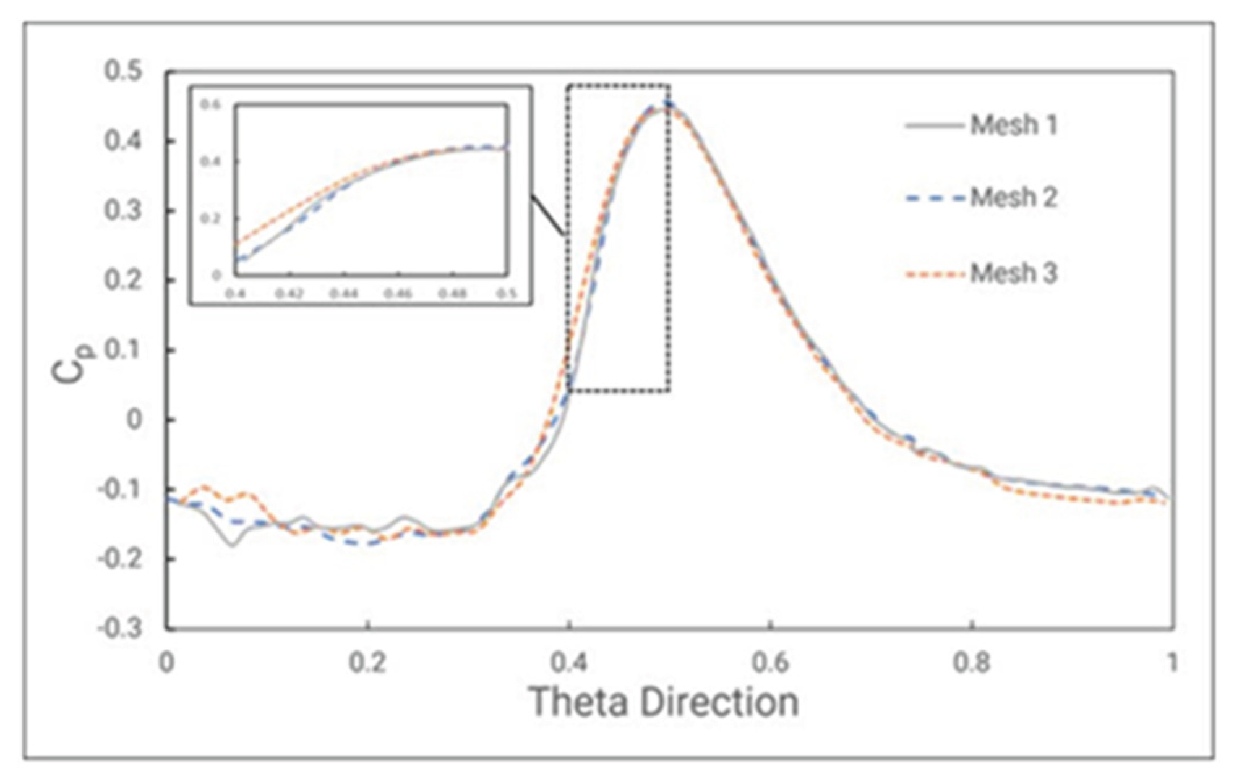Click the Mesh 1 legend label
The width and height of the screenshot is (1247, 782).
pyautogui.click(x=1013, y=125)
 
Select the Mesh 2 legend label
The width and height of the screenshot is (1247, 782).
pyautogui.click(x=1013, y=198)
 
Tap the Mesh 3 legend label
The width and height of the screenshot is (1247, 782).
pyautogui.click(x=1013, y=273)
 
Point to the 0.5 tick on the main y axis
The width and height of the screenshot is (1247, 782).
pyautogui.click(x=123, y=71)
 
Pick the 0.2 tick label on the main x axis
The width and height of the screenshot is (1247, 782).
pyautogui.click(x=368, y=663)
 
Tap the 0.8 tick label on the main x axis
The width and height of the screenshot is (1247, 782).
pyautogui.click(x=972, y=663)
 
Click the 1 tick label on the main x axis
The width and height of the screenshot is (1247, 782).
pyautogui.click(x=1172, y=663)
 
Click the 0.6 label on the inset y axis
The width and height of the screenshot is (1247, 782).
pyautogui.click(x=211, y=104)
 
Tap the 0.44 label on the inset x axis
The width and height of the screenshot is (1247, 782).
pyautogui.click(x=344, y=294)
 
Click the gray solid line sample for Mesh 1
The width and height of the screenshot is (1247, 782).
pyautogui.click(x=934, y=126)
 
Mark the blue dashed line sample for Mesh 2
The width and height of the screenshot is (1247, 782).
pyautogui.click(x=934, y=198)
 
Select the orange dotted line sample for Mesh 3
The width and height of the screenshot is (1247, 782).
pyautogui.click(x=934, y=274)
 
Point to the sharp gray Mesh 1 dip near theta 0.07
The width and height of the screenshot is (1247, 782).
pyautogui.click(x=232, y=545)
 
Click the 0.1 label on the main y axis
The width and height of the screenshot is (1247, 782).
pyautogui.click(x=123, y=351)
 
